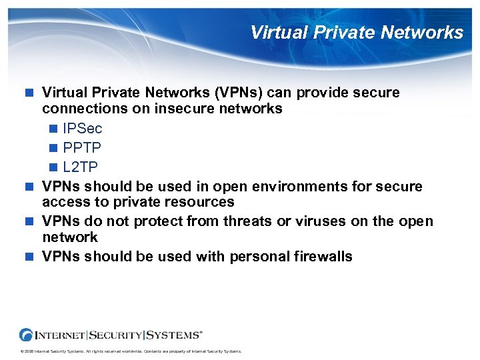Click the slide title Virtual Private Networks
[357, 32]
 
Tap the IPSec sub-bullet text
[83, 128]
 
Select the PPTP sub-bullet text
[83, 146]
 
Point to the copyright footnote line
[131, 351]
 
